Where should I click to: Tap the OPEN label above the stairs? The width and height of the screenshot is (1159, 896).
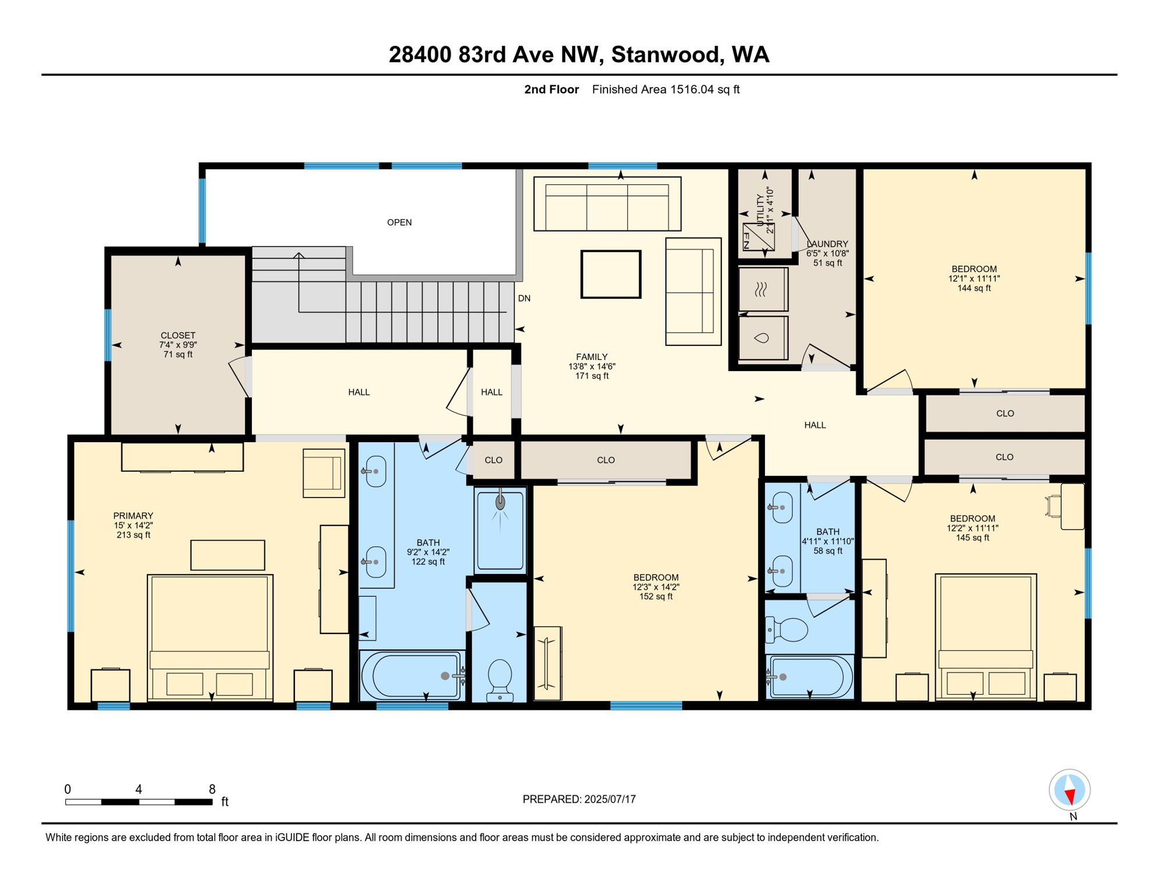pos(399,222)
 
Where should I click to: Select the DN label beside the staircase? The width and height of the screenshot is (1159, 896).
pos(524,298)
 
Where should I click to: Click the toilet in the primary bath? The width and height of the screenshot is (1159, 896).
pos(500,680)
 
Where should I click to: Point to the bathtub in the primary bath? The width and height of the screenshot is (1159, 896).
pos(412,675)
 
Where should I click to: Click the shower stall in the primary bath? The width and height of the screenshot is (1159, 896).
pos(500,530)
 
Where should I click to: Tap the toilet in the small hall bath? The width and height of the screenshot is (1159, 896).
pos(787,630)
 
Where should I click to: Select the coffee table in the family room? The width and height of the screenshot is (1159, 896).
pos(610,274)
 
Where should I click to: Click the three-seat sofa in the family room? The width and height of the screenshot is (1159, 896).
pos(607,204)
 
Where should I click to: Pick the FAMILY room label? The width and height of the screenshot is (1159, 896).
pos(592,357)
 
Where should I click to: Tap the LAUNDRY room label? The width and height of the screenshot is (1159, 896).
pos(827,244)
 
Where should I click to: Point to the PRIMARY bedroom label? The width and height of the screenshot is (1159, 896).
pos(133,516)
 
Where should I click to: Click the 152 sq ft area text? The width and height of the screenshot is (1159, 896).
pos(656,597)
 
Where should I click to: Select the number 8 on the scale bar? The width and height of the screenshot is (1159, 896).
pos(212,789)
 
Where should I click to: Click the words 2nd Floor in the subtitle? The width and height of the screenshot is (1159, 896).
pos(551,89)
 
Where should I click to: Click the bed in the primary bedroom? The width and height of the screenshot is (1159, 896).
pos(210,638)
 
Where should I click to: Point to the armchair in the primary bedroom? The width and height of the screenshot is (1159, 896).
pos(324,473)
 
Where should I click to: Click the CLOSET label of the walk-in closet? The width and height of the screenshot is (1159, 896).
pos(178,335)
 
